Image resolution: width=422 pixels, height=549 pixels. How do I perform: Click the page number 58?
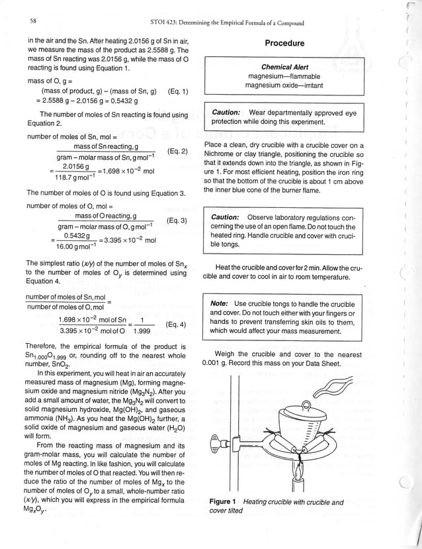pos(32,22)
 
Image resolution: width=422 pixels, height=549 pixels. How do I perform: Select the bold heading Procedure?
pos(284,44)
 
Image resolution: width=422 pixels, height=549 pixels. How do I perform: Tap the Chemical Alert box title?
pos(284,67)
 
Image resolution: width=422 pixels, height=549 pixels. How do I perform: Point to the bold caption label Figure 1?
pos(223,502)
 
